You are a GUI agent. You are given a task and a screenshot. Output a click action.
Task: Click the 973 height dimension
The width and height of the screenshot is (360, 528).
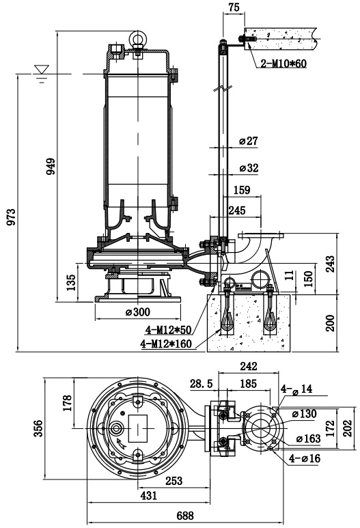coord(11,217)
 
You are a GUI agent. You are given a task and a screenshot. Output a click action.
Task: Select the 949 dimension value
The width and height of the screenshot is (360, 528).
coord(51,167)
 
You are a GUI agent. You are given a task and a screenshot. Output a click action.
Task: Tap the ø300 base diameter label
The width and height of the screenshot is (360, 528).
coord(138,312)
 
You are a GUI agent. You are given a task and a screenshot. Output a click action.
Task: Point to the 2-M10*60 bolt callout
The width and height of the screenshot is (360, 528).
coord(284,64)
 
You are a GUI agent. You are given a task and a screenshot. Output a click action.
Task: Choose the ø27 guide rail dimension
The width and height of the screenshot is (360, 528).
coord(249,141)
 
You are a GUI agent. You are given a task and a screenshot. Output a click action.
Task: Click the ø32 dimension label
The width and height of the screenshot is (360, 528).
coord(249,168)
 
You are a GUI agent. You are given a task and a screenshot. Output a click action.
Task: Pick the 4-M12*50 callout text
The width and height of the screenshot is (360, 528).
coord(168,331)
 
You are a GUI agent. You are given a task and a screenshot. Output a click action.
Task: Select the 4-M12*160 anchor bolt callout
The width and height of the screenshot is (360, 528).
coord(167,344)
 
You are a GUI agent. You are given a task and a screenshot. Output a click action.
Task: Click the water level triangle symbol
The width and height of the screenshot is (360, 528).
coord(41,69)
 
